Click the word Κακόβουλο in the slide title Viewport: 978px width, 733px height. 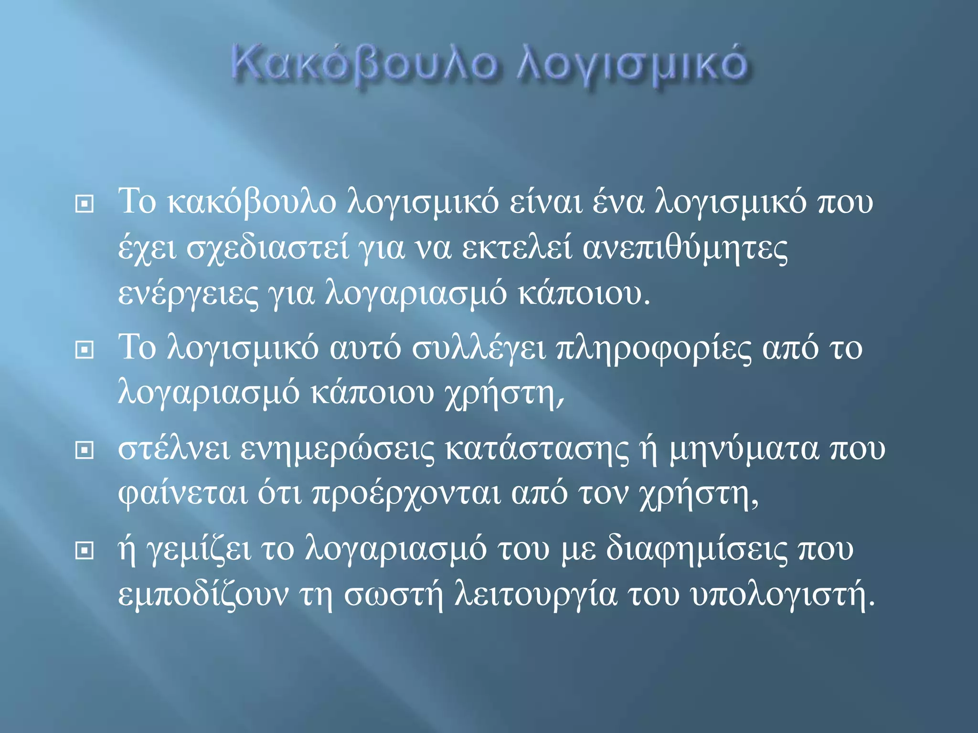click(x=363, y=65)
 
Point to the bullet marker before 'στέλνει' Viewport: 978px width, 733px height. click(x=85, y=450)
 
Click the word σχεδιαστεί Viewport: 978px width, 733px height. click(x=267, y=248)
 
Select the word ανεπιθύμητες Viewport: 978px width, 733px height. click(x=685, y=248)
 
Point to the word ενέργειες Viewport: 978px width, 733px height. click(x=188, y=294)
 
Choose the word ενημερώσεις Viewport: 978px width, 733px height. click(x=338, y=449)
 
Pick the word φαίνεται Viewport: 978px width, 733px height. click(x=183, y=493)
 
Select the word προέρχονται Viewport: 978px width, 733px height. click(x=406, y=493)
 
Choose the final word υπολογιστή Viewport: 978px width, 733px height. click(x=783, y=595)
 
